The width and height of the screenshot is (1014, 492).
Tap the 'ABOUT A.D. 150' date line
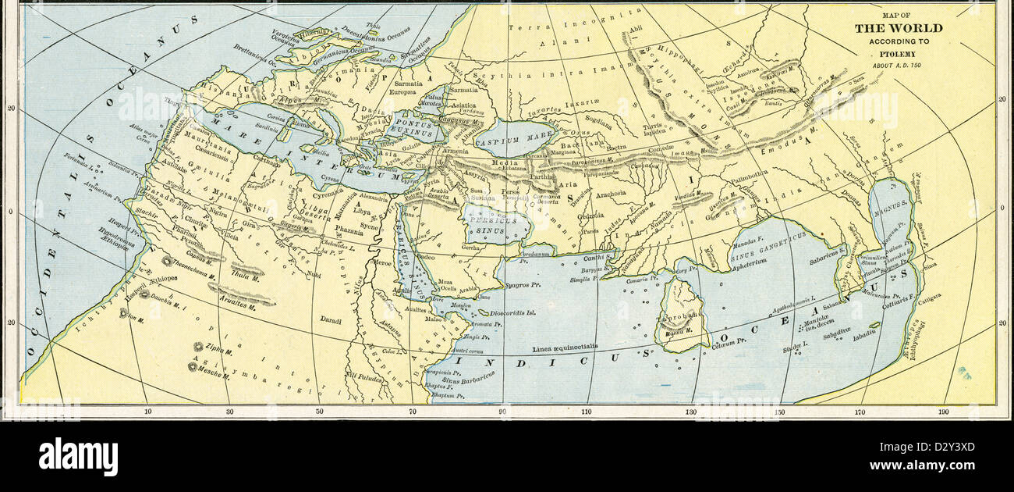coord(898,64)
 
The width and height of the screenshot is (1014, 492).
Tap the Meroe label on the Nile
coord(383,263)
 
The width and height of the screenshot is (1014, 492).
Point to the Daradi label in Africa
coord(331,320)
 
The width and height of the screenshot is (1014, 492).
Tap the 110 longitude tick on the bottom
coord(586,412)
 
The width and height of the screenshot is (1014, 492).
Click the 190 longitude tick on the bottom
coord(944,412)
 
